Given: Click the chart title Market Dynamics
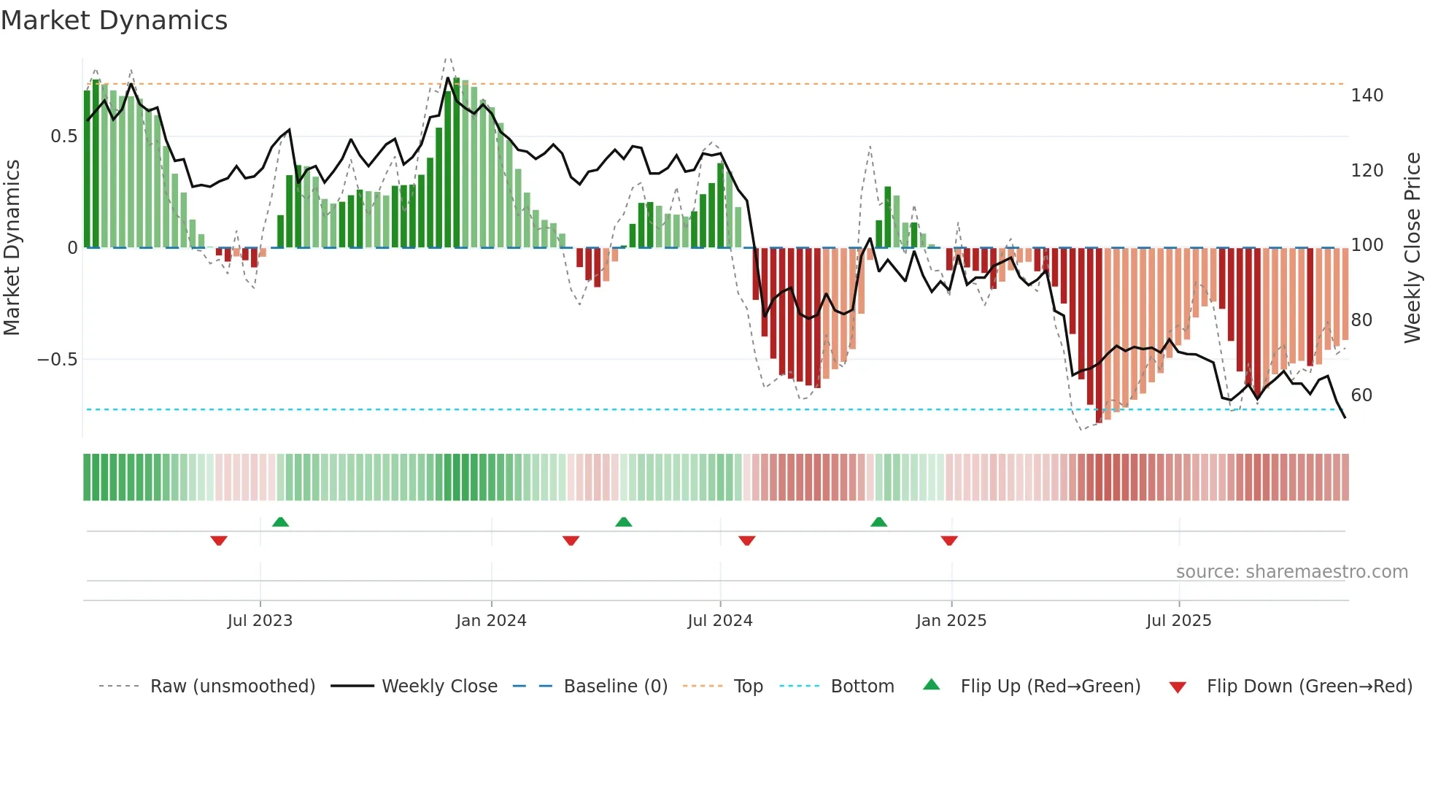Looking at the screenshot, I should pyautogui.click(x=114, y=20).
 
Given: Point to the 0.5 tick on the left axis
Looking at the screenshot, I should pyautogui.click(x=63, y=136).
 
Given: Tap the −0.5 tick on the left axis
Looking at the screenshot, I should pyautogui.click(x=57, y=360).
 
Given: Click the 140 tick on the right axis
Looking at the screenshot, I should pyautogui.click(x=1367, y=96).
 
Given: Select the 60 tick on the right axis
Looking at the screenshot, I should pyautogui.click(x=1361, y=395).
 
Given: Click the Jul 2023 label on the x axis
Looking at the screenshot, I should pyautogui.click(x=260, y=621).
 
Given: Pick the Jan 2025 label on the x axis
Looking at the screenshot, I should pyautogui.click(x=951, y=621).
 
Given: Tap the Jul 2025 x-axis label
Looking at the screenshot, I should pyautogui.click(x=1178, y=621).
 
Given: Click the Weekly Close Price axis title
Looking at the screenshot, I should pyautogui.click(x=1412, y=248).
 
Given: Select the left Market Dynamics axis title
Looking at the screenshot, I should pyautogui.click(x=12, y=248).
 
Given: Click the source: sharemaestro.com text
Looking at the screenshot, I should pyautogui.click(x=1291, y=572).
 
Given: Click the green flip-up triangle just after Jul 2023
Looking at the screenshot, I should pyautogui.click(x=280, y=522).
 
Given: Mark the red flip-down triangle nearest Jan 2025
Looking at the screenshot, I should pyautogui.click(x=948, y=541).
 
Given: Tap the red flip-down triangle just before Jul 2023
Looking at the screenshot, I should pyautogui.click(x=219, y=541).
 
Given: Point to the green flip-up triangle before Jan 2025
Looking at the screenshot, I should pyautogui.click(x=878, y=522).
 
